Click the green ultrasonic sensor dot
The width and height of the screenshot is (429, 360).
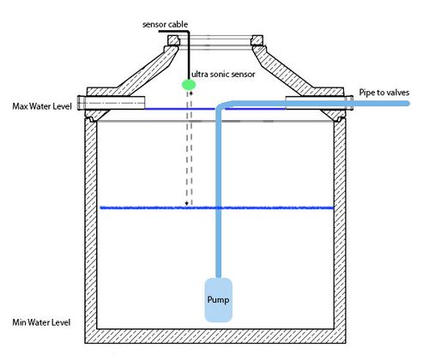tap(188, 85)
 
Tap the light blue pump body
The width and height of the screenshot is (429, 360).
tap(218, 300)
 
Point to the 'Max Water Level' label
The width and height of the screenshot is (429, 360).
tap(40, 107)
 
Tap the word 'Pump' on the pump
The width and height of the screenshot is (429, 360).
tap(218, 301)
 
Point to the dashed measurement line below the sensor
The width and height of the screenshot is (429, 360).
tap(186, 154)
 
